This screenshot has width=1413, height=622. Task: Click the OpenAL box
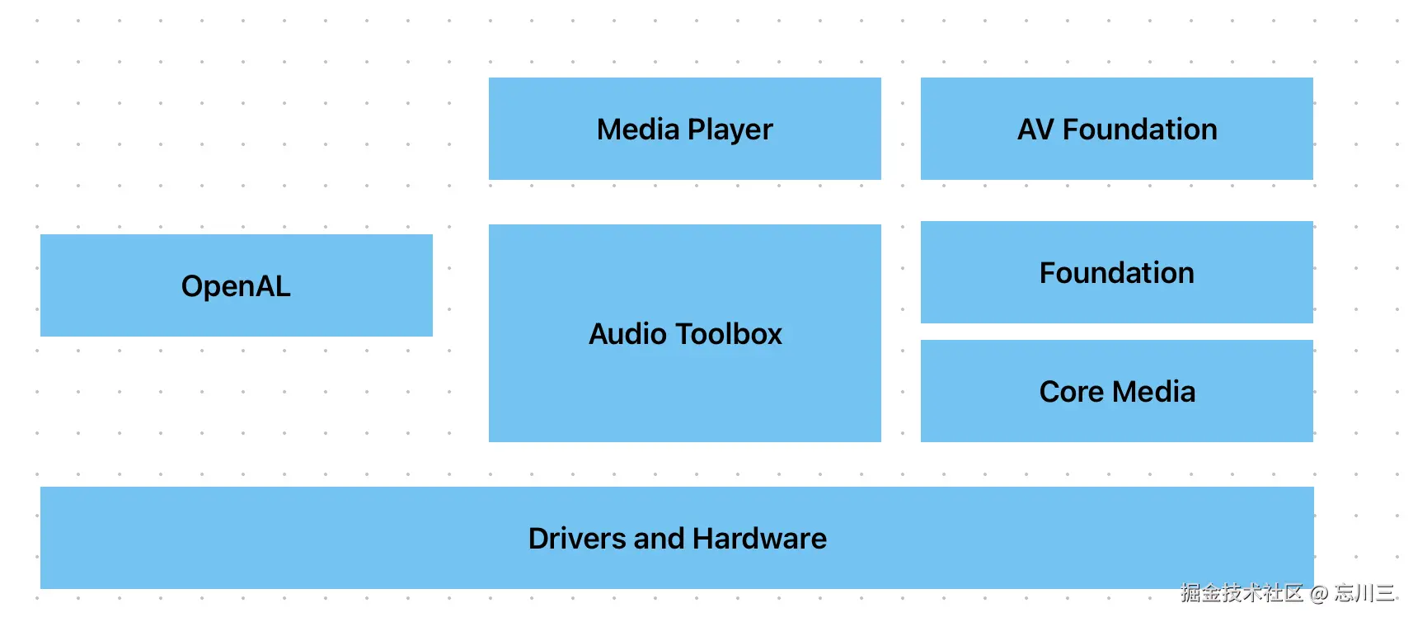click(x=236, y=285)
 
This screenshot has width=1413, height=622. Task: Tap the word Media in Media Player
click(x=638, y=130)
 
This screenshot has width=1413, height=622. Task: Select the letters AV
click(x=1035, y=130)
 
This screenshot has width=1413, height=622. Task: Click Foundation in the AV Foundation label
click(x=1139, y=130)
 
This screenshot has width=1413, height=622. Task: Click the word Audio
click(x=627, y=334)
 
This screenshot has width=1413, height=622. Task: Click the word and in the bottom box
click(x=660, y=539)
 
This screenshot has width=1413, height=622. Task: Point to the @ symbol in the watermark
click(x=1319, y=592)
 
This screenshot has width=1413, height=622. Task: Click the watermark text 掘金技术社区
click(x=1242, y=592)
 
